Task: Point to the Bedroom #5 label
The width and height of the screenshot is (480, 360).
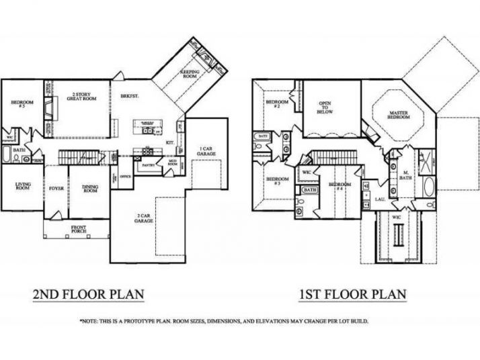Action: (x=17, y=104)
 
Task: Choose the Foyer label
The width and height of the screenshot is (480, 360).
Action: (x=55, y=189)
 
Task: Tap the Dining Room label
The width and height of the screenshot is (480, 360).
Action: (x=90, y=189)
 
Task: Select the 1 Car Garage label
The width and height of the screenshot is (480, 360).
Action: (x=206, y=150)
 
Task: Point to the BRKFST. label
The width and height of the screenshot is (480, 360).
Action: (x=130, y=96)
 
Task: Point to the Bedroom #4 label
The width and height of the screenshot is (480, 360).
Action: (x=339, y=186)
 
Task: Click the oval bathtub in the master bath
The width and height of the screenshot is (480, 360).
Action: (x=429, y=187)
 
